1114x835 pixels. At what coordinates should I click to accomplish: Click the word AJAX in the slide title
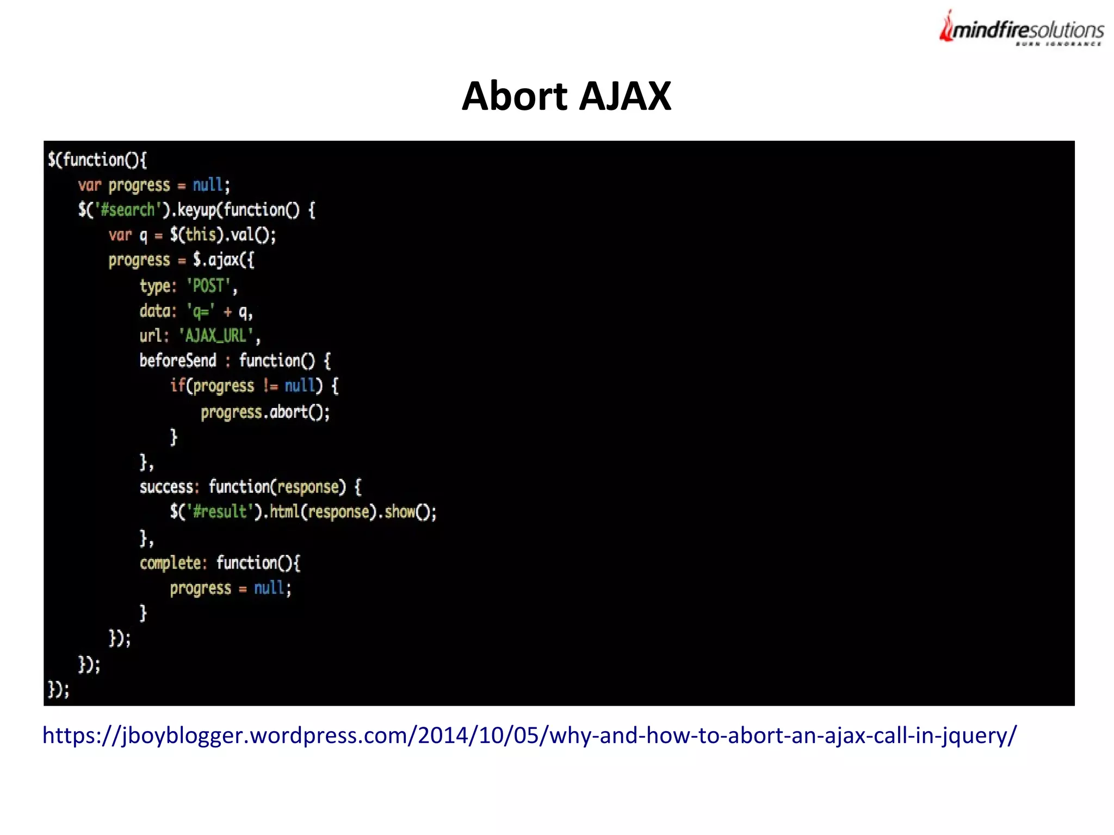point(625,96)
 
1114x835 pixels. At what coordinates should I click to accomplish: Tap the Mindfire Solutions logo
point(1021,29)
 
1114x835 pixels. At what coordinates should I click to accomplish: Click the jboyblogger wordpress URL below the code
point(529,735)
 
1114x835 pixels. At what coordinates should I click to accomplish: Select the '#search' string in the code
point(128,210)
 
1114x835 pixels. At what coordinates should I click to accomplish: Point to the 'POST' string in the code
point(209,286)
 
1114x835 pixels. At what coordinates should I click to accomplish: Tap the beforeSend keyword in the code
point(178,360)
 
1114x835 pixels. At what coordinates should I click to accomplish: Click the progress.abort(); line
point(265,412)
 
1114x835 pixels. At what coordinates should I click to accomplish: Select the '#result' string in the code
point(220,511)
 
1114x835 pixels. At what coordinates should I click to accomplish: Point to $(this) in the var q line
point(196,235)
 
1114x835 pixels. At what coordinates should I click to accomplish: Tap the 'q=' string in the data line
point(201,311)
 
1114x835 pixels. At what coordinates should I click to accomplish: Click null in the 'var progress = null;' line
point(208,185)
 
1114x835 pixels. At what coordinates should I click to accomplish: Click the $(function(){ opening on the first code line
point(97,160)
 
